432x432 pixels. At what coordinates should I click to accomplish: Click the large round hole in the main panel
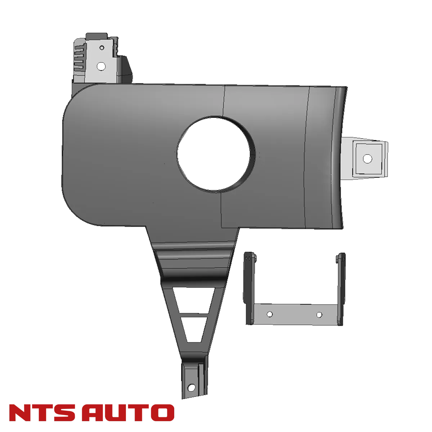(x=215, y=153)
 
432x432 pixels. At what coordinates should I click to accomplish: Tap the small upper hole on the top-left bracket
(x=102, y=47)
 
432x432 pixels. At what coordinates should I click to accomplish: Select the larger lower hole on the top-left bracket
(x=102, y=66)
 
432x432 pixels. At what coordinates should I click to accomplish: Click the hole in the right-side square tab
(x=366, y=158)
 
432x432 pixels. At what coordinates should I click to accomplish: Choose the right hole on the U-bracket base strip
(x=319, y=315)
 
